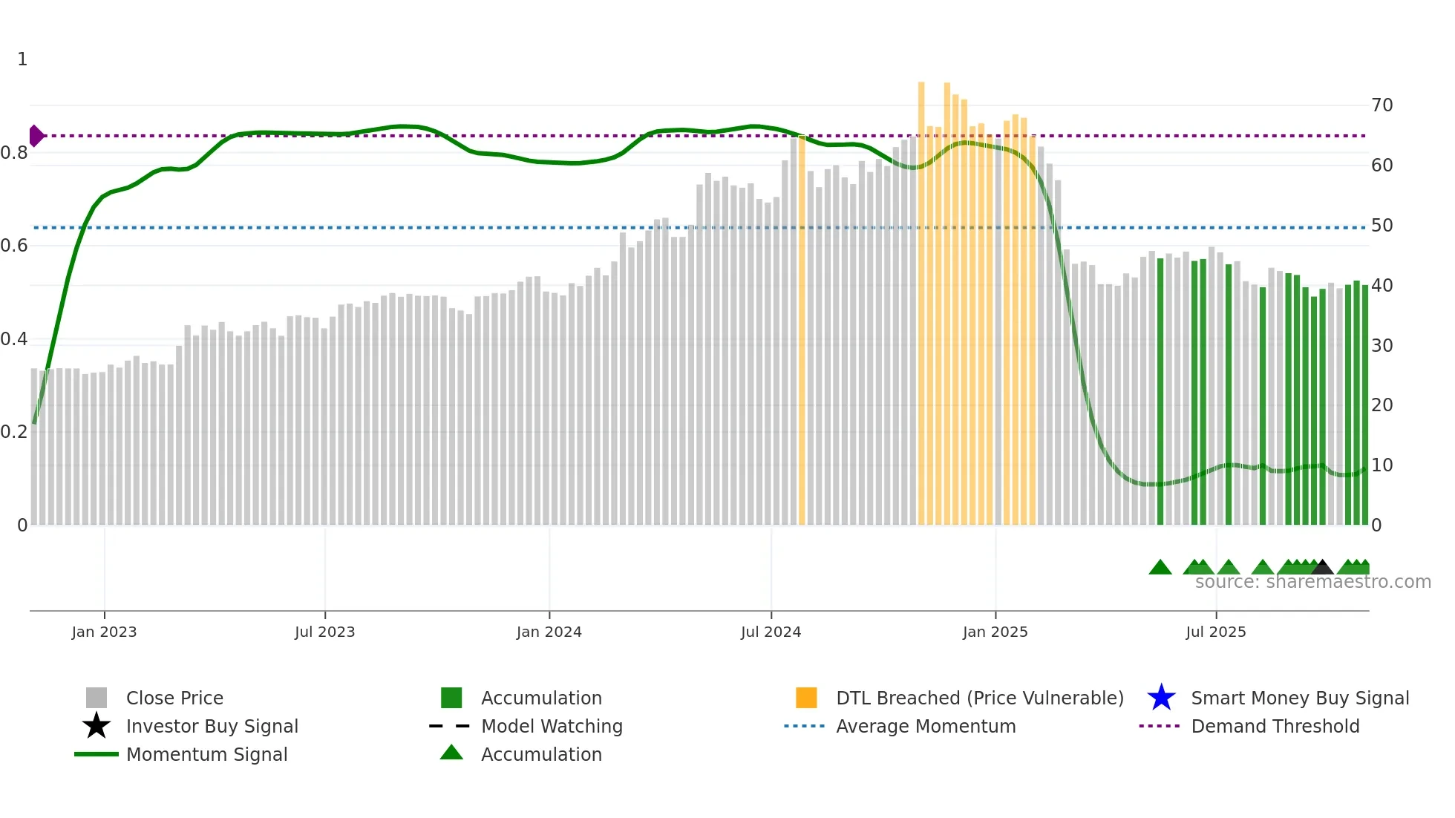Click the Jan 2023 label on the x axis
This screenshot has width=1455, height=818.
pyautogui.click(x=104, y=632)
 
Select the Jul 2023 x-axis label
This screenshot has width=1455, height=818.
pyautogui.click(x=324, y=632)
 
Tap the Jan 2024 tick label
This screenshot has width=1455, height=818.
pyautogui.click(x=549, y=632)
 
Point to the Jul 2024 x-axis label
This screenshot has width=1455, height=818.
pyautogui.click(x=771, y=632)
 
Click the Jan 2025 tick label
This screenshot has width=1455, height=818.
pyautogui.click(x=995, y=632)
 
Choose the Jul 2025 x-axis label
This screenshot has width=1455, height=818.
pyautogui.click(x=1215, y=632)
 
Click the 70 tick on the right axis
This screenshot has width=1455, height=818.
pyautogui.click(x=1382, y=105)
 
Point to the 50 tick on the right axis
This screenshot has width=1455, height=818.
pyautogui.click(x=1382, y=226)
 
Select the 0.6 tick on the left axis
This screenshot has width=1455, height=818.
pyautogui.click(x=14, y=246)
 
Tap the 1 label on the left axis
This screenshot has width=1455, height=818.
pyautogui.click(x=22, y=59)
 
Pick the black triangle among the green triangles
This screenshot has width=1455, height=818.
pyautogui.click(x=1321, y=568)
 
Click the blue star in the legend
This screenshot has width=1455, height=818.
pyautogui.click(x=1161, y=698)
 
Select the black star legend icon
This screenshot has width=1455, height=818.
pyautogui.click(x=97, y=726)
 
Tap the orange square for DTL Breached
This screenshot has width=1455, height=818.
pyautogui.click(x=806, y=698)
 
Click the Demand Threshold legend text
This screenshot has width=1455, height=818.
pyautogui.click(x=1275, y=727)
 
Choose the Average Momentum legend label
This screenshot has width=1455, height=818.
pyautogui.click(x=926, y=727)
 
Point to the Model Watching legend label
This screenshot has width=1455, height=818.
pyautogui.click(x=552, y=727)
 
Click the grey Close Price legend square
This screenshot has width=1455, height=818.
pyautogui.click(x=97, y=698)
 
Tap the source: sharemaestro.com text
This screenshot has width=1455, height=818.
pyautogui.click(x=1312, y=582)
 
